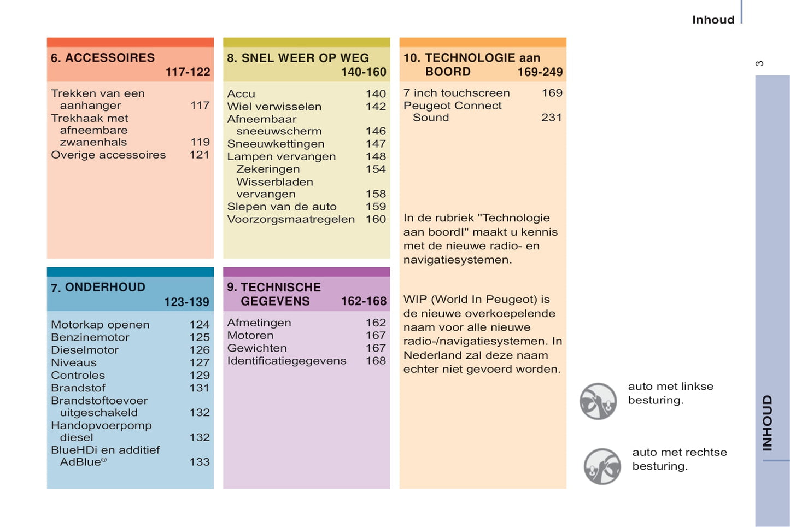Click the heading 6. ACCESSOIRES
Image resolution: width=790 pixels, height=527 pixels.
click(x=103, y=58)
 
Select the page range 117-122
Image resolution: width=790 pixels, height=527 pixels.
click(x=188, y=72)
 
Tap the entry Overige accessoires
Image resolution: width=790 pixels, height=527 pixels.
click(x=108, y=155)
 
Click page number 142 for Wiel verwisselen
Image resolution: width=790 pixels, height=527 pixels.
click(x=376, y=107)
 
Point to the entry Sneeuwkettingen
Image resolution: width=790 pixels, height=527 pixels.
click(x=276, y=144)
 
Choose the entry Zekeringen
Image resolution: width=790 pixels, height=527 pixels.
click(x=268, y=169)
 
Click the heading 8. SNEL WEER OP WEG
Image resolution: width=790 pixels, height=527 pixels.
click(x=298, y=58)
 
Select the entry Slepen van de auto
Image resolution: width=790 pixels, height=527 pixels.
click(x=282, y=207)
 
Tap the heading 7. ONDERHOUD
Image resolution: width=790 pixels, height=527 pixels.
click(x=98, y=288)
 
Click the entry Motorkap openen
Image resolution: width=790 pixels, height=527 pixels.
click(x=100, y=325)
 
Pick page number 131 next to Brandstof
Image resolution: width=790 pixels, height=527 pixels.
click(x=200, y=388)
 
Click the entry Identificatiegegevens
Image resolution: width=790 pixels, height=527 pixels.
click(x=286, y=361)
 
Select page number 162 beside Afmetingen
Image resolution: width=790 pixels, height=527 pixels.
click(x=376, y=323)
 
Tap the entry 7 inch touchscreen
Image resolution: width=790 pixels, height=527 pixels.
click(x=457, y=93)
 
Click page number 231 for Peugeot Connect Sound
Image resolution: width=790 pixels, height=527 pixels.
click(x=551, y=118)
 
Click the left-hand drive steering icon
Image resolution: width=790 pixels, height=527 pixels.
click(x=598, y=401)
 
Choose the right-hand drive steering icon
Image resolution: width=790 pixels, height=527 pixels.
click(x=602, y=466)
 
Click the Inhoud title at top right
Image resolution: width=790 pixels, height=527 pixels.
click(x=713, y=20)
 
